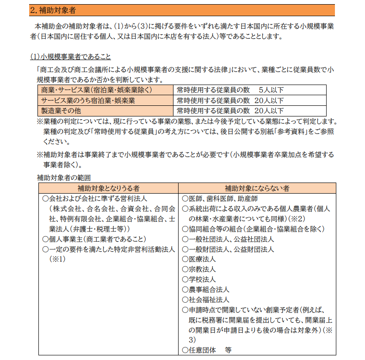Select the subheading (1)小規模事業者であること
(71, 57)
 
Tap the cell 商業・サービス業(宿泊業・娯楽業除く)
(97, 90)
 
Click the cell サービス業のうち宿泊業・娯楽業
(88, 100)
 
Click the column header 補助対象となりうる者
(109, 189)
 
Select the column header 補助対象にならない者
(257, 189)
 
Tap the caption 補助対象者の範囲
(64, 177)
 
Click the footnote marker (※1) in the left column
(58, 259)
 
